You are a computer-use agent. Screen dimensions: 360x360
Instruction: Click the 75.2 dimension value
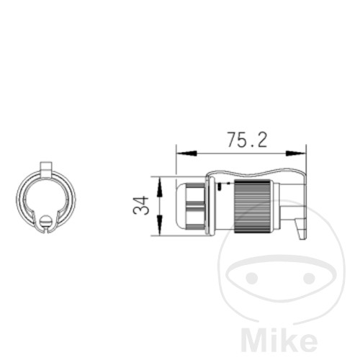pyautogui.click(x=247, y=140)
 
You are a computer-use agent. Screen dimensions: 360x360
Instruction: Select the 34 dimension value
pyautogui.click(x=141, y=205)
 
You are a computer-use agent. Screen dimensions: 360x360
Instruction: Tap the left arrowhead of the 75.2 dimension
pyautogui.click(x=186, y=153)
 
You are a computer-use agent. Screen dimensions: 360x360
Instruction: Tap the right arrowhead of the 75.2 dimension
pyautogui.click(x=296, y=153)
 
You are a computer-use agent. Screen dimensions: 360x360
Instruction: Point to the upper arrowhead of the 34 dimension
pyautogui.click(x=159, y=187)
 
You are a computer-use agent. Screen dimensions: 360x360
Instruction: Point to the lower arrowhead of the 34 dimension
pyautogui.click(x=159, y=225)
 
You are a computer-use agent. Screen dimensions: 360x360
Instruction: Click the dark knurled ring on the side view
pyautogui.click(x=252, y=206)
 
